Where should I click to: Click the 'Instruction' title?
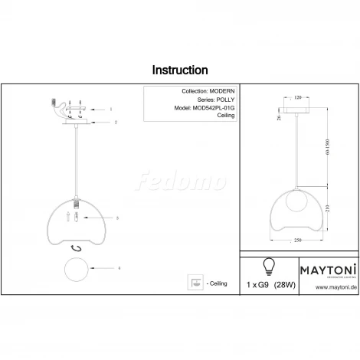tap(179, 70)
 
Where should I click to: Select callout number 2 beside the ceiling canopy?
tap(115, 122)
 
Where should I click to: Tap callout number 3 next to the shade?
tap(116, 218)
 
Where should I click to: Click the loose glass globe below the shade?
tap(77, 269)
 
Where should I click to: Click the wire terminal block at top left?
tap(53, 102)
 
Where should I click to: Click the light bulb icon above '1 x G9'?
tap(268, 266)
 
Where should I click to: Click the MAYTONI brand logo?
tap(326, 269)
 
